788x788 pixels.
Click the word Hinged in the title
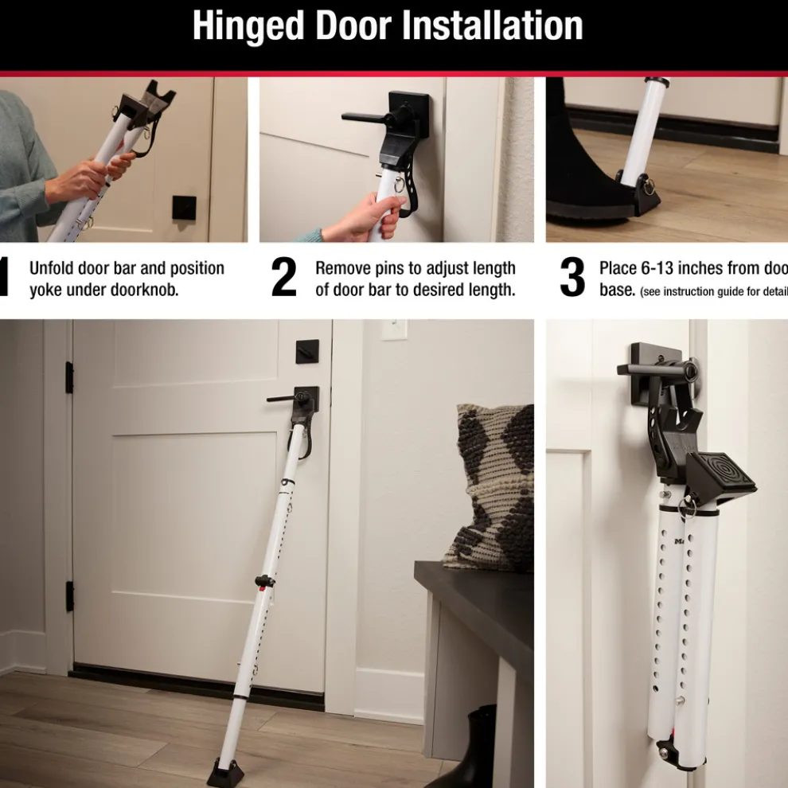248,27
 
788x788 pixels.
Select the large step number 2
283,279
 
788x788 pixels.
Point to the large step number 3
571,279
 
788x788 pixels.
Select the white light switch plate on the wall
394,330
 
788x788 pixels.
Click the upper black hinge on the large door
69,377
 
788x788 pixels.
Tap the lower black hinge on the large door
69,596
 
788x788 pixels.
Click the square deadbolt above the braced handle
307,352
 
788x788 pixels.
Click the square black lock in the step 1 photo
184,208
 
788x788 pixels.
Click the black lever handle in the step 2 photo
374,117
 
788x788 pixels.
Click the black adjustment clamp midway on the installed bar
263,581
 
